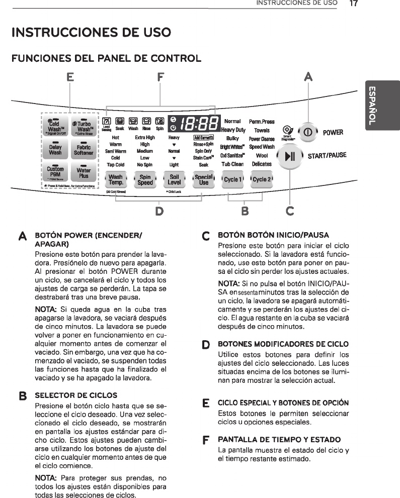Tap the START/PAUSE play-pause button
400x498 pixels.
click(290, 156)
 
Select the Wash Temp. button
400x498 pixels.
click(115, 180)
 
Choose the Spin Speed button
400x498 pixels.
click(145, 180)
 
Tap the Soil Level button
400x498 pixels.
click(174, 180)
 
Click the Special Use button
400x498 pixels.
click(203, 180)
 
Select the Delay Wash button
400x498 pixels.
click(55, 150)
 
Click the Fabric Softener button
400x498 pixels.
click(84, 150)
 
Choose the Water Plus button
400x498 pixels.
click(84, 173)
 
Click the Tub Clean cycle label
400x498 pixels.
click(232, 164)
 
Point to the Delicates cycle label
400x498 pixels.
click(262, 164)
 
